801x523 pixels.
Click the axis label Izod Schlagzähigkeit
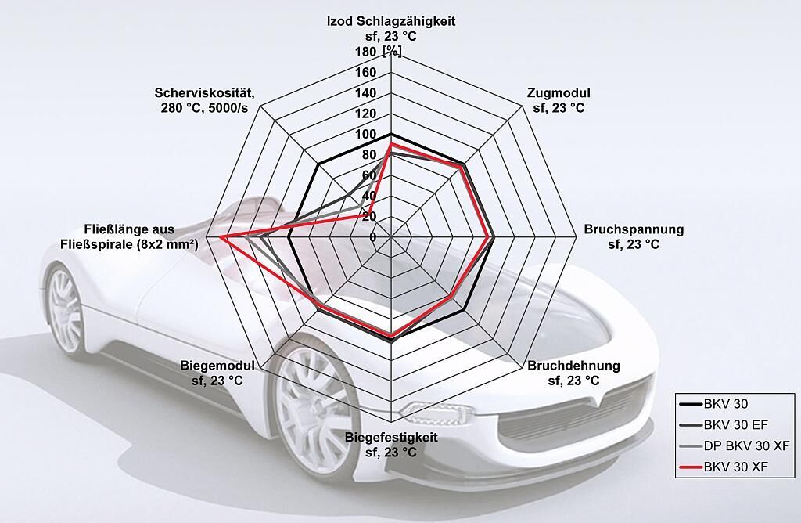coord(390,21)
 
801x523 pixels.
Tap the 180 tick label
coord(366,52)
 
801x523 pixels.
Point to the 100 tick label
coord(366,134)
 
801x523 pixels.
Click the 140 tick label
coord(366,93)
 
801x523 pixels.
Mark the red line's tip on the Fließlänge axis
coord(221,236)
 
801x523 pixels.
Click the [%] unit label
coord(391,52)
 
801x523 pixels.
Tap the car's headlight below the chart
coord(434,410)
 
